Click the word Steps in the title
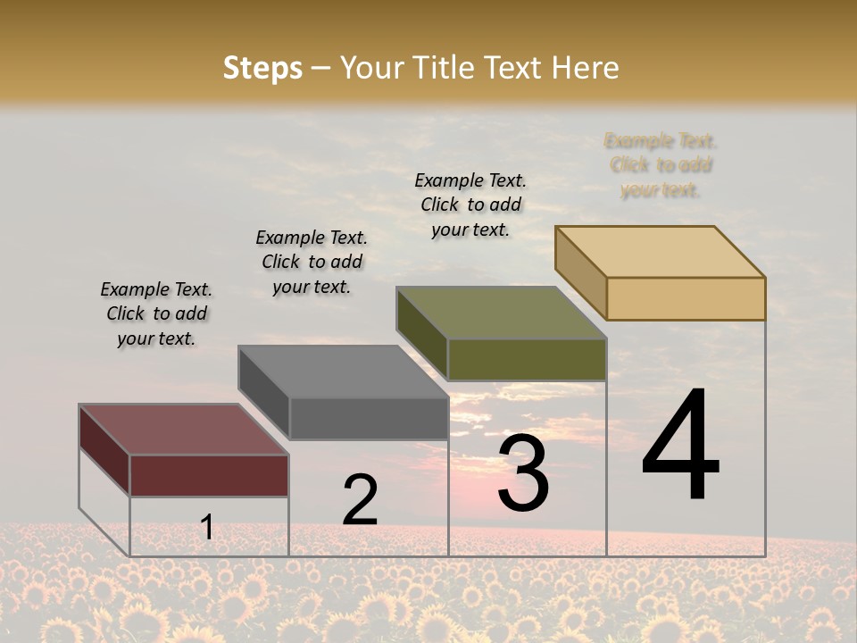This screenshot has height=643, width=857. [262, 68]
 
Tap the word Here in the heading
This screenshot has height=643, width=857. [586, 68]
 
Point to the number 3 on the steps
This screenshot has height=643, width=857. [523, 472]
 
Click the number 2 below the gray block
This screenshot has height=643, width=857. [360, 500]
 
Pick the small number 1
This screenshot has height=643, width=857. [206, 527]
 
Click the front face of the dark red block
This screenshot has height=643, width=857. [210, 475]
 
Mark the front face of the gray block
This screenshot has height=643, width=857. [369, 418]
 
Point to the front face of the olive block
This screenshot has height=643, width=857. [527, 360]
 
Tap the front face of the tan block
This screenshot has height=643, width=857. [686, 298]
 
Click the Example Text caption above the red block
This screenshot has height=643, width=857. [156, 313]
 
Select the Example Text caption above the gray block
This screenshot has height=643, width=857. [312, 262]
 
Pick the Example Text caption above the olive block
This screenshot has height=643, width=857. [470, 205]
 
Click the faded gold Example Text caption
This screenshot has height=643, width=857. [661, 165]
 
